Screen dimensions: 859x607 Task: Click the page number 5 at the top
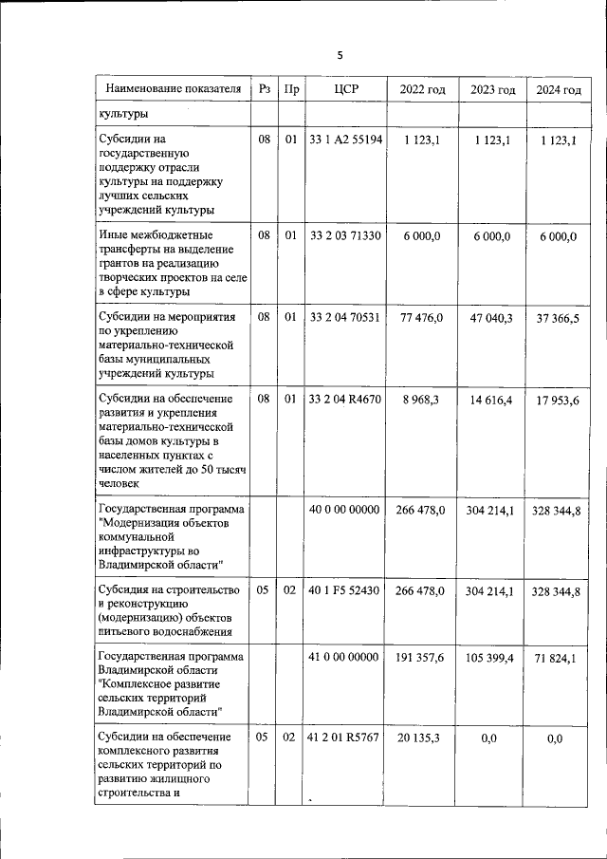pyautogui.click(x=339, y=55)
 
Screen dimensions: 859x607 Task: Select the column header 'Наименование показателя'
pyautogui.click(x=173, y=89)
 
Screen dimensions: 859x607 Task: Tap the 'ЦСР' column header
pyautogui.click(x=345, y=89)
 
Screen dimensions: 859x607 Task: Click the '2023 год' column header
pyautogui.click(x=492, y=89)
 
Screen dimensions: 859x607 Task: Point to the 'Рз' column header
pyautogui.click(x=265, y=89)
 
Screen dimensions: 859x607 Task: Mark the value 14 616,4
pyautogui.click(x=491, y=400)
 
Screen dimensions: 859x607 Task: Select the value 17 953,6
pyautogui.click(x=558, y=400)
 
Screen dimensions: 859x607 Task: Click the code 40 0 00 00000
pyautogui.click(x=345, y=510)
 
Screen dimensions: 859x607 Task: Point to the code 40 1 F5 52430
pyautogui.click(x=345, y=590)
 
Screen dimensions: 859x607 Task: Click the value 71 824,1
pyautogui.click(x=558, y=657)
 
